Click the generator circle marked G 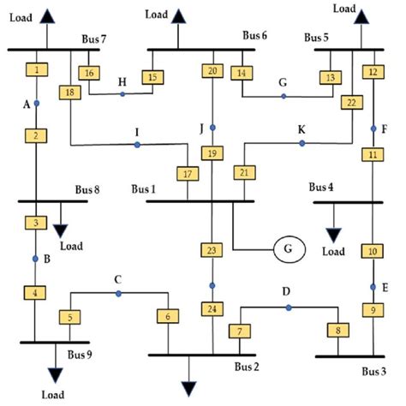tap(289, 249)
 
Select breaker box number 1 tap(37, 69)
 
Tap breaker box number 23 tap(212, 250)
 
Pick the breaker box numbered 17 tap(187, 175)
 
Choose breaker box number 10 tap(373, 251)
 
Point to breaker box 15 tap(154, 78)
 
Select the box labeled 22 tap(350, 103)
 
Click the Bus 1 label tap(145, 188)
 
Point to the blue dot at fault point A tap(37, 103)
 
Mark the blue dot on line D tap(289, 307)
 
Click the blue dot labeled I tap(137, 145)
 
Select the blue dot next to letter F tap(373, 128)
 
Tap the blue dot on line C tap(119, 294)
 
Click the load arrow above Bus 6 tap(178, 15)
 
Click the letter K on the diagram tap(302, 129)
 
